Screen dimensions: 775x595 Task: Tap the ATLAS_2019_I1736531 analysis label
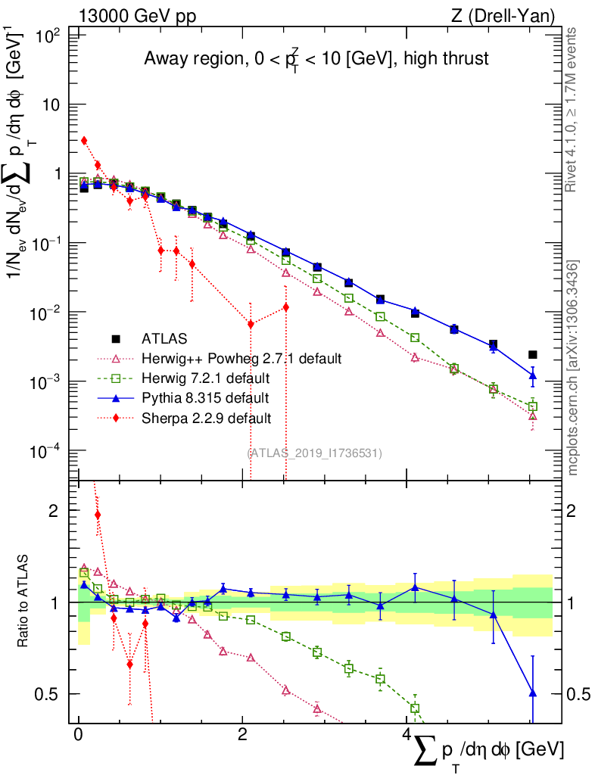click(x=315, y=453)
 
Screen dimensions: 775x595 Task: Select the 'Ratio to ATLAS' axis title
click(x=30, y=602)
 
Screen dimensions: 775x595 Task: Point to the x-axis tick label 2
click(x=241, y=735)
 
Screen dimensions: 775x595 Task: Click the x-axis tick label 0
click(x=78, y=735)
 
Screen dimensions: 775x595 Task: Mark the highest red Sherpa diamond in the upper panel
click(x=84, y=140)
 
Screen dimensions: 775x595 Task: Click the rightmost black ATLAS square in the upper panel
click(x=533, y=354)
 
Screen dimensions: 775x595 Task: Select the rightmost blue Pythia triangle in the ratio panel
click(x=533, y=693)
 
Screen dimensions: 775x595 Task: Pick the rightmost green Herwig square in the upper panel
click(x=533, y=406)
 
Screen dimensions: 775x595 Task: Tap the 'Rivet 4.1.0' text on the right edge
click(x=573, y=106)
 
